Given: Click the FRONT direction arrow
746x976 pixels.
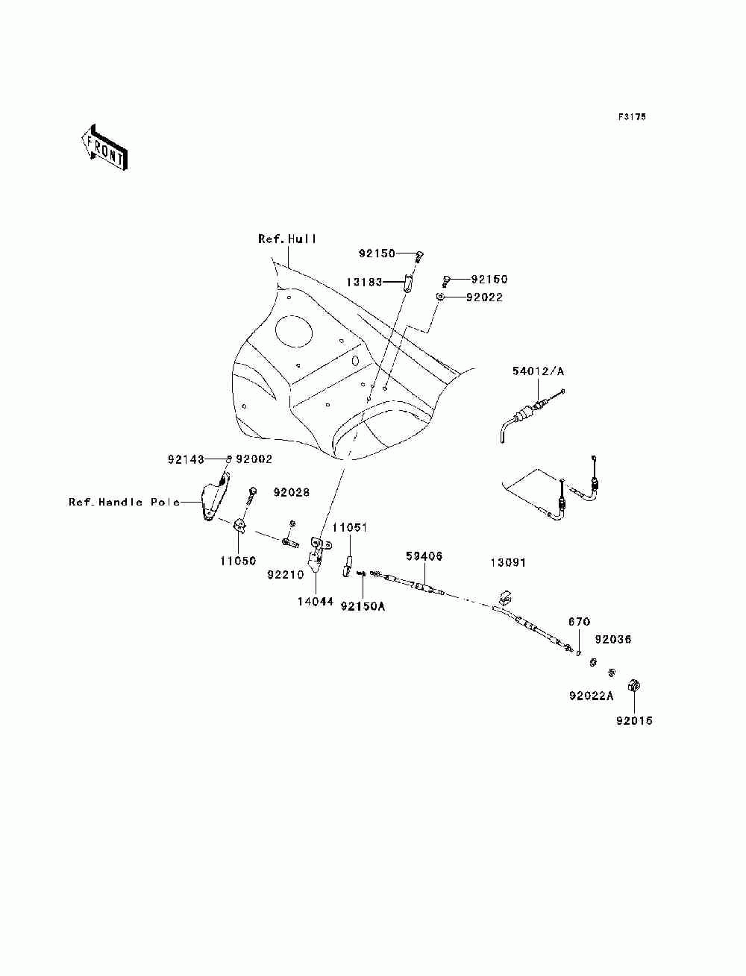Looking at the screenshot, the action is click(104, 147).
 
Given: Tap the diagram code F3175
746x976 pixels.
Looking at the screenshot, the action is click(631, 117).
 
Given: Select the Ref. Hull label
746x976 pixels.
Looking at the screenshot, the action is click(287, 239).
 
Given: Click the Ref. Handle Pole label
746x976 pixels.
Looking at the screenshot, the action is click(124, 502).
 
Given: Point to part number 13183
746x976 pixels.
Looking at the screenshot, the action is click(364, 282).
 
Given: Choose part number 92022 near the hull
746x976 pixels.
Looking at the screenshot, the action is click(484, 297).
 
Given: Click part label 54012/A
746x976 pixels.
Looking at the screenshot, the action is click(538, 371).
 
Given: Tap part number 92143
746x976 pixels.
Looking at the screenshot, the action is click(186, 459).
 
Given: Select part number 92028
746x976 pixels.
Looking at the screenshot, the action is click(292, 493).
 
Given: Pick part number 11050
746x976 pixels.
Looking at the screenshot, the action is click(238, 561).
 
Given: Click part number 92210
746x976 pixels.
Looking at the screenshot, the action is click(285, 575).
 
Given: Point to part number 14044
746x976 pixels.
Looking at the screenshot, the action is click(316, 602).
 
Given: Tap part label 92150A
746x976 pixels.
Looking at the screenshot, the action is click(363, 606).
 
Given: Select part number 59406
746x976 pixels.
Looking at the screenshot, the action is click(424, 556).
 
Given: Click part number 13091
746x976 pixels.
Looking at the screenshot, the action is click(508, 562).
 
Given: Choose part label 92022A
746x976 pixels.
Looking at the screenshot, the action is click(591, 696).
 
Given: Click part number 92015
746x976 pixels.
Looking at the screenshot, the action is click(634, 720).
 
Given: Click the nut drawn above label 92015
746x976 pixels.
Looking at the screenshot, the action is click(633, 686).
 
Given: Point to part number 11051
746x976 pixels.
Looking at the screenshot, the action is click(350, 527).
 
